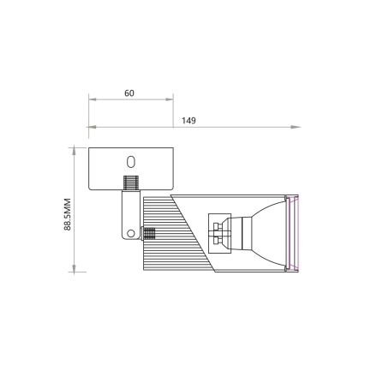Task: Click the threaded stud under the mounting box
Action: [131, 183]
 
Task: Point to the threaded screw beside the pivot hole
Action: [147, 230]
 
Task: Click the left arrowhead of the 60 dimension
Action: [93, 100]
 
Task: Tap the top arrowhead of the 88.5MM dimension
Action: [75, 152]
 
